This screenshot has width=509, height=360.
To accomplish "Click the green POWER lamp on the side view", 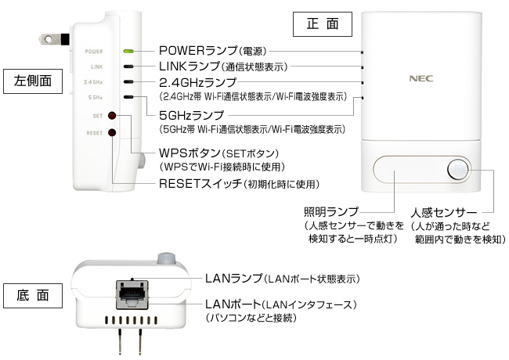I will (128, 52).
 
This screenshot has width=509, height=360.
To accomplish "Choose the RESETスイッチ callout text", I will (239, 184).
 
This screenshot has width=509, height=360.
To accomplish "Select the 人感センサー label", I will (443, 211).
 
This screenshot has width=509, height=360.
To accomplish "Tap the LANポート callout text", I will (280, 304).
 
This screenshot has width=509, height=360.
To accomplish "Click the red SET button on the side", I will (113, 116).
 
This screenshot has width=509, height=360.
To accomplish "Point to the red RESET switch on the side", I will (113, 133).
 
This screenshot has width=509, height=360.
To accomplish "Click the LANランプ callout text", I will (281, 278).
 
